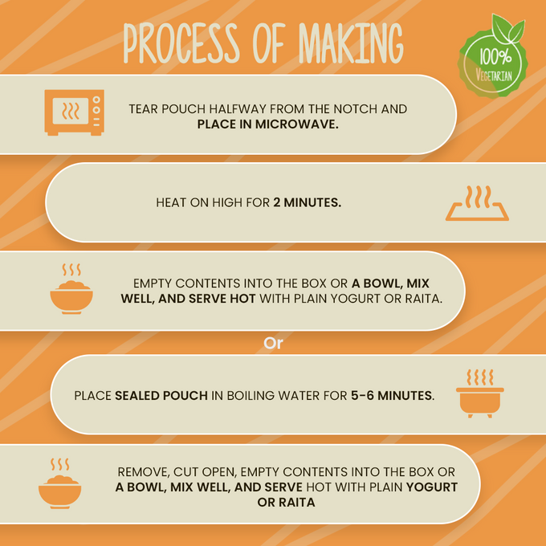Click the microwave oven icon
point(75,112)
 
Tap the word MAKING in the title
point(351,43)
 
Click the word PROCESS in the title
point(181,43)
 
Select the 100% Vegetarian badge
point(493,58)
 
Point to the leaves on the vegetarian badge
point(507,29)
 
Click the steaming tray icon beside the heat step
point(477,203)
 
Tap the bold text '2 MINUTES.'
point(307,202)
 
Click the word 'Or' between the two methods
point(273,344)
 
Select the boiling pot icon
point(480,393)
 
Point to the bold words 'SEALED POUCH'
point(161,396)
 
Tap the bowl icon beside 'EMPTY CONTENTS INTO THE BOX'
point(71,289)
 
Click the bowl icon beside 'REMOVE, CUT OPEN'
point(60,483)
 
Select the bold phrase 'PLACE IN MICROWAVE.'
point(267,124)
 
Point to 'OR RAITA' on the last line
point(286,503)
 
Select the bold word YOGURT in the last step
point(432,487)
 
